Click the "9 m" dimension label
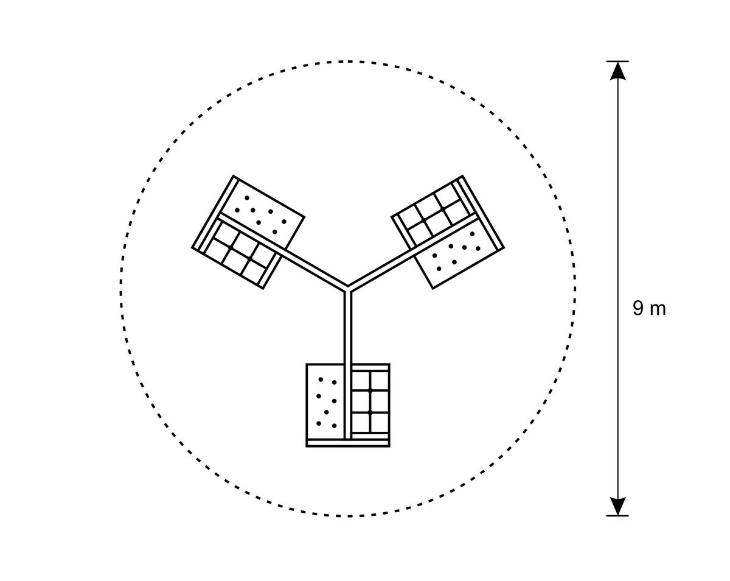tap(649, 309)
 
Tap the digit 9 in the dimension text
tap(638, 309)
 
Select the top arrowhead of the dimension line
tap(617, 71)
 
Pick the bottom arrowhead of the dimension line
tap(617, 506)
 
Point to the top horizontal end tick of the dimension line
tap(617, 62)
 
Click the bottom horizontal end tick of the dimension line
tap(617, 516)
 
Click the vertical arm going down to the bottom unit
tap(348, 365)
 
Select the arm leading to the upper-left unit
tap(282, 252)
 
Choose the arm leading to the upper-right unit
tap(413, 252)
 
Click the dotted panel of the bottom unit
tap(325, 402)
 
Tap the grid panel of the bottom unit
tap(370, 402)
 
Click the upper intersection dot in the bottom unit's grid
tap(370, 390)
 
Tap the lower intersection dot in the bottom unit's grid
tap(370, 413)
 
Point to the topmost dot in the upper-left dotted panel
tap(247, 198)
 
